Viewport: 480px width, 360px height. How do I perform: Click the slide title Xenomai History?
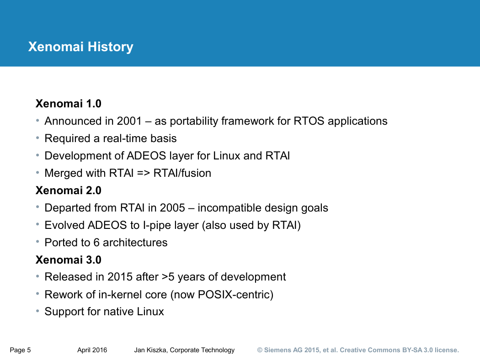pos(81,47)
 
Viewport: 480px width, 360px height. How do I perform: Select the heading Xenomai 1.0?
pos(69,104)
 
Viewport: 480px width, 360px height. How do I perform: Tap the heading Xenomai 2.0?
pos(69,191)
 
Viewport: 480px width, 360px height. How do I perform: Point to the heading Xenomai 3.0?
pos(69,260)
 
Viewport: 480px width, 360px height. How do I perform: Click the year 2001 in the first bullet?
pos(129,121)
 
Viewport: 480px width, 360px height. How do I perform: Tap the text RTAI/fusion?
pos(182,173)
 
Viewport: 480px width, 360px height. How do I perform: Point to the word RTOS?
pos(309,121)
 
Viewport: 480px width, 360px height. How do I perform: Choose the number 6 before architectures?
pos(96,243)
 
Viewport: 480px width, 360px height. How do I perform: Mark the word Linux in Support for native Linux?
pos(150,312)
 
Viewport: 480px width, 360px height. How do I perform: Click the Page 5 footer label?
pos(20,350)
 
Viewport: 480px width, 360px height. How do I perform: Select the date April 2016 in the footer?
pos(92,350)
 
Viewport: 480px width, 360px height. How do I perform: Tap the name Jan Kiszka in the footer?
pos(150,350)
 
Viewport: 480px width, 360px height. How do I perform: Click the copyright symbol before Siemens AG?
pos(260,350)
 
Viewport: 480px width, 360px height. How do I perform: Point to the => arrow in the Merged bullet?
pos(143,174)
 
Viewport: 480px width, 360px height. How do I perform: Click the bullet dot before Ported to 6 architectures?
pos(37,242)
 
